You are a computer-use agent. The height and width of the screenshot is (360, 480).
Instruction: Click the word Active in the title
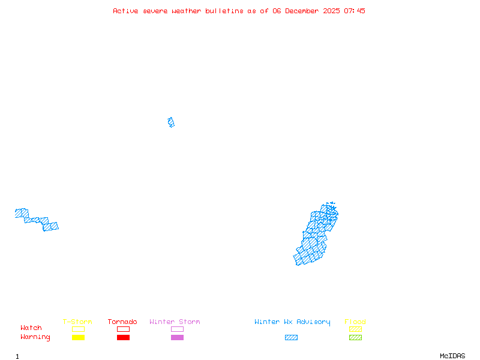pyautogui.click(x=126, y=11)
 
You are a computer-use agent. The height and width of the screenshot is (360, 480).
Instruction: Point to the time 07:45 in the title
pyautogui.click(x=354, y=11)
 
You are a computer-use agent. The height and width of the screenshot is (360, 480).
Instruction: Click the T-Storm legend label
pyautogui.click(x=77, y=322)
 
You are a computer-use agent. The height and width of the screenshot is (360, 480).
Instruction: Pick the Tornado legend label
pyautogui.click(x=122, y=322)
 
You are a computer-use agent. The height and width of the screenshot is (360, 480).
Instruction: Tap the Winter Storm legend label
pyautogui.click(x=175, y=322)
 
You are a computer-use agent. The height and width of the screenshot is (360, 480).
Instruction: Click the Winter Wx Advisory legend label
pyautogui.click(x=292, y=322)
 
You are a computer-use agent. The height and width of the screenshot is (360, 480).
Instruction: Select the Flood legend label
pyautogui.click(x=355, y=322)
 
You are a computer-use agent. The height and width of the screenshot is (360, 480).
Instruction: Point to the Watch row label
pyautogui.click(x=31, y=328)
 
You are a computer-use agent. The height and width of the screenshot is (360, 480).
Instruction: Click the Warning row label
pyautogui.click(x=35, y=337)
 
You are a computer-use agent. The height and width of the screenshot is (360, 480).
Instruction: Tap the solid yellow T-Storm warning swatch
pyautogui.click(x=78, y=338)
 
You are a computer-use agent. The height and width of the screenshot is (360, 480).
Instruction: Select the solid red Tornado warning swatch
pyautogui.click(x=123, y=338)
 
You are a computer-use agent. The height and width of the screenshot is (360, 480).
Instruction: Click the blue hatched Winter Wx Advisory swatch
pyautogui.click(x=291, y=338)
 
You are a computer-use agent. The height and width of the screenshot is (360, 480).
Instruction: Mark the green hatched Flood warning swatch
pyautogui.click(x=355, y=338)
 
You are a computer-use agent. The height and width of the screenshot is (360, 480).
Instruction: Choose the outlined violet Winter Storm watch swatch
pyautogui.click(x=177, y=329)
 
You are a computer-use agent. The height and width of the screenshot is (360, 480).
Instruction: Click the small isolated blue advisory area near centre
pyautogui.click(x=171, y=122)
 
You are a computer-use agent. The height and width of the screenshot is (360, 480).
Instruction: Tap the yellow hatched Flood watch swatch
pyautogui.click(x=355, y=329)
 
